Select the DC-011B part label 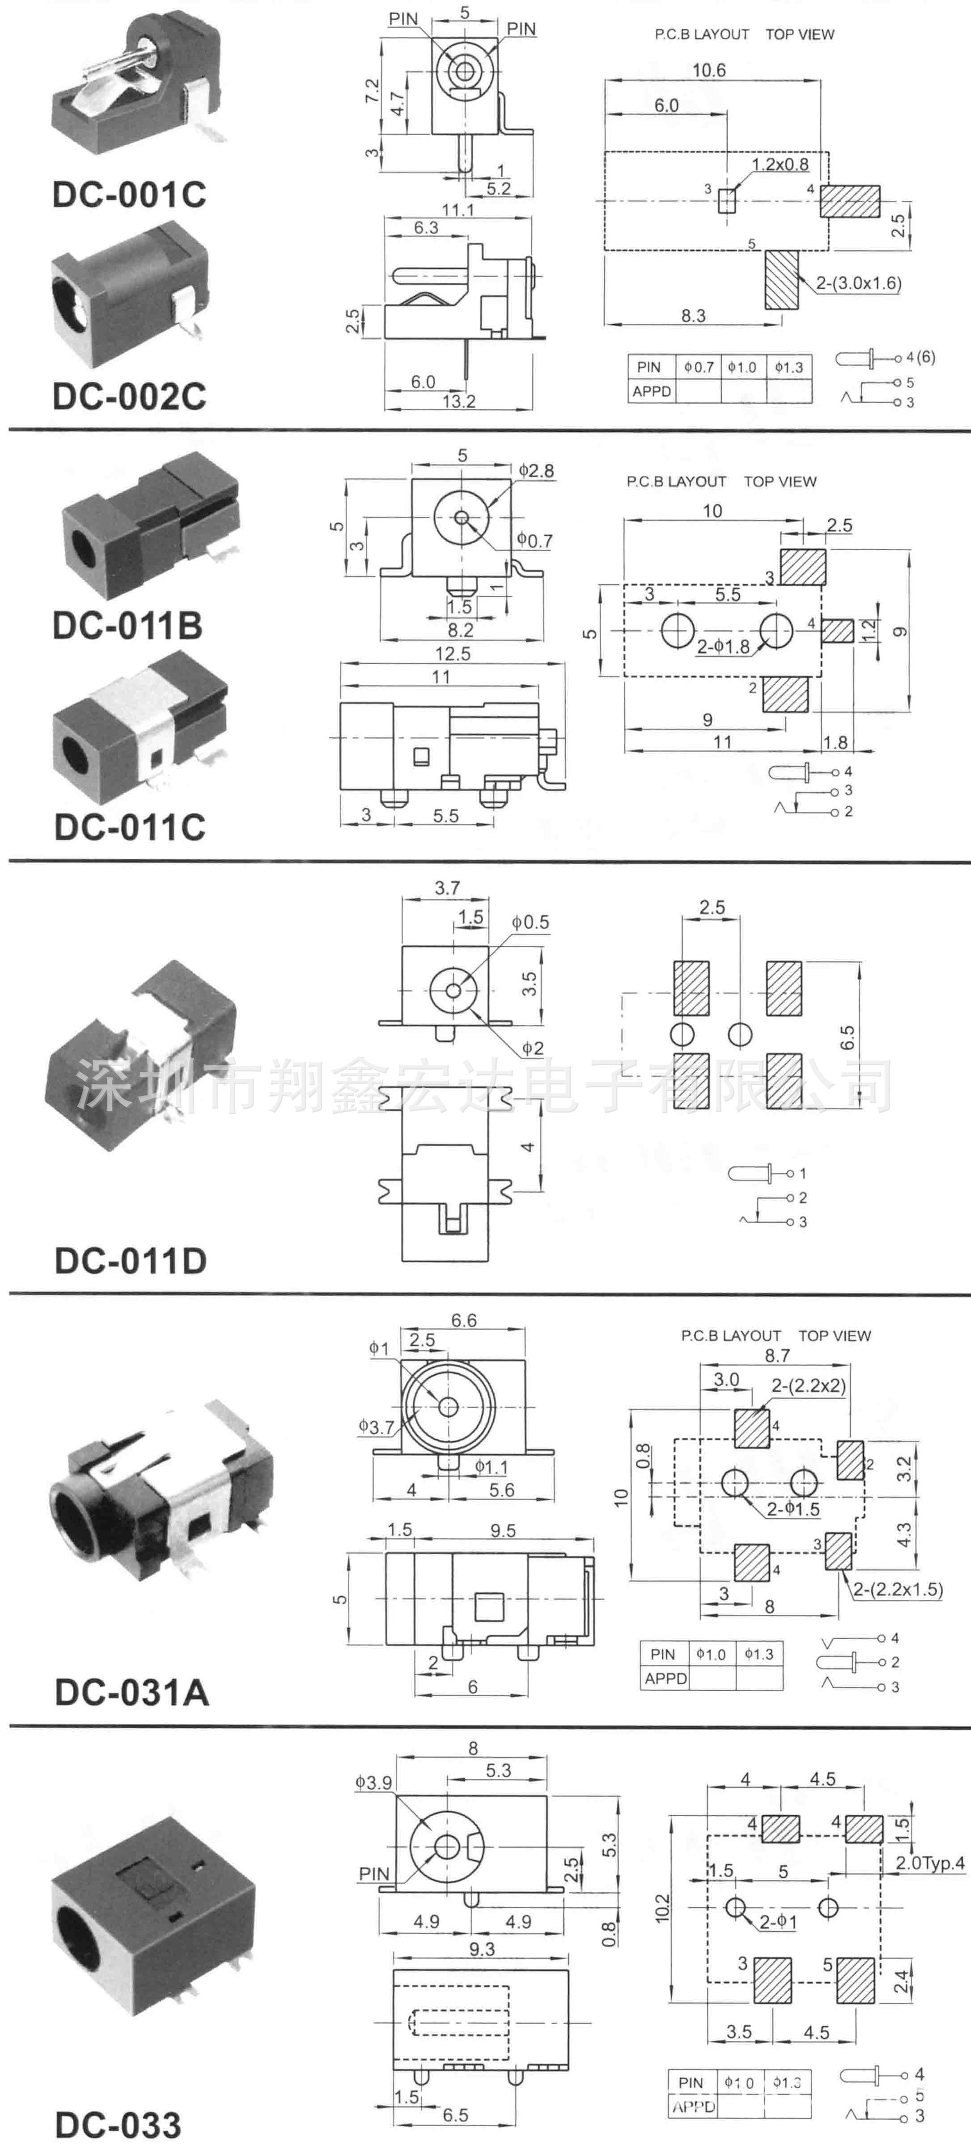[127, 625]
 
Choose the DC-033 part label [118, 2125]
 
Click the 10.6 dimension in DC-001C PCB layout [709, 70]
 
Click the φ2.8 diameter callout [536, 471]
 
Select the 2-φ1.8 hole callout [723, 646]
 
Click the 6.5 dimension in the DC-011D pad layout [848, 1037]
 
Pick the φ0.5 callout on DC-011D [531, 923]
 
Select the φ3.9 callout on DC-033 [373, 1783]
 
